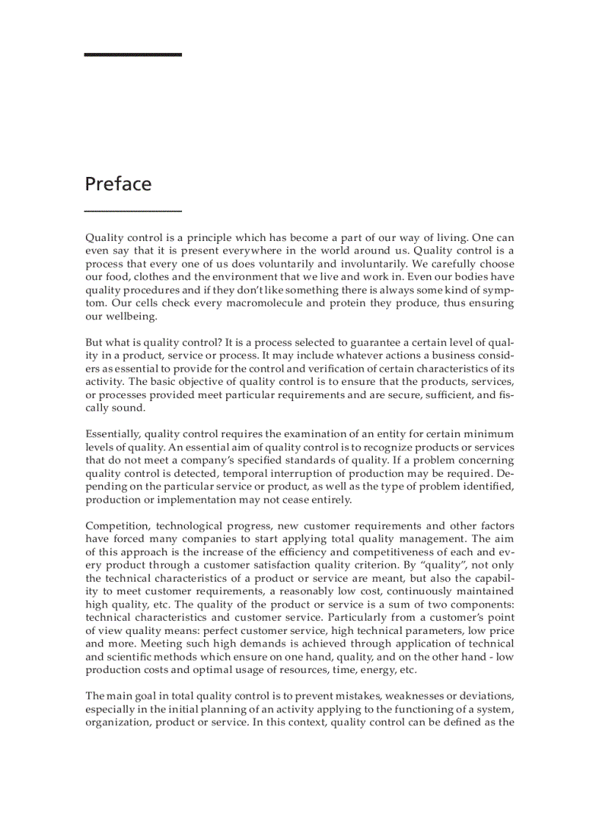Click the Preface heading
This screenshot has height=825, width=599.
pos(118,184)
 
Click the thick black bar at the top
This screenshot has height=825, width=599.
pos(133,54)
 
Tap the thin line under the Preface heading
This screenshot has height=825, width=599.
pos(133,211)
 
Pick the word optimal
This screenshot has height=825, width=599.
pos(219,671)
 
